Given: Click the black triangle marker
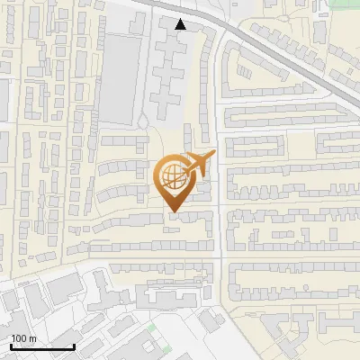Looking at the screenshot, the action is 181,24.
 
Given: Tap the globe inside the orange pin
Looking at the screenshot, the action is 172,175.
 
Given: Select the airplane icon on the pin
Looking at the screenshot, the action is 198,164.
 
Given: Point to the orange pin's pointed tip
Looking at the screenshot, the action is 172,212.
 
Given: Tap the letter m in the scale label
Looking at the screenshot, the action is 32,338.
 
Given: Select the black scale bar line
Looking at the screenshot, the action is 42,346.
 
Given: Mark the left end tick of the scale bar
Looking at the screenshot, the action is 11,345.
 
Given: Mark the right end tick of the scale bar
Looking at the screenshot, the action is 74,345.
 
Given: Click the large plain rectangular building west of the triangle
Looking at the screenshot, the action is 120,77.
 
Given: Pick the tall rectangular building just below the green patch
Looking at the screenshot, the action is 321,31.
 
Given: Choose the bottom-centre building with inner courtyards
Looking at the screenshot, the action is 176,297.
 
